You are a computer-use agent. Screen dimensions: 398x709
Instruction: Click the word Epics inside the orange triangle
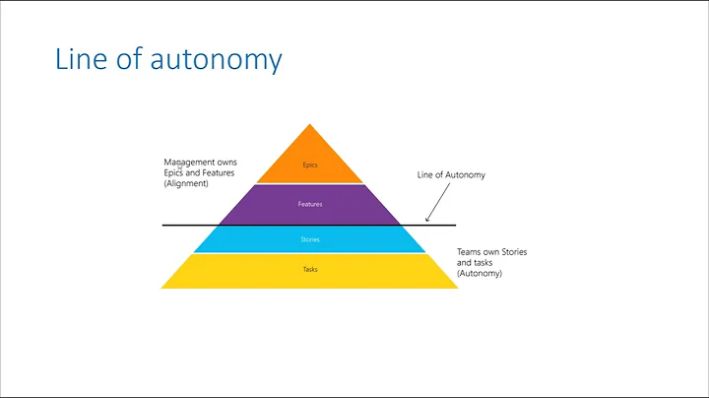tap(310, 165)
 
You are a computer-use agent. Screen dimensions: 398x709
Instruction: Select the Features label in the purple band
tap(310, 204)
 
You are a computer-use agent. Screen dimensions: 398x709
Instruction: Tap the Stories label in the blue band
tap(310, 239)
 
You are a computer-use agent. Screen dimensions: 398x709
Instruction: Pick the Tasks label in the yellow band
tap(310, 269)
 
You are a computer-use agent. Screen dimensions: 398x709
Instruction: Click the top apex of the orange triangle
tap(310, 125)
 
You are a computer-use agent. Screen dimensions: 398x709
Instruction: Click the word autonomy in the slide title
tap(217, 59)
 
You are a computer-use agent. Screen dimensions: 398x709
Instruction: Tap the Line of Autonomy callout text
tap(451, 174)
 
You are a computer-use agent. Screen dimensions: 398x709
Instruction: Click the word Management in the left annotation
tap(191, 162)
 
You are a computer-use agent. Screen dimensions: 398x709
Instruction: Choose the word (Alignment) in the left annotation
tap(186, 183)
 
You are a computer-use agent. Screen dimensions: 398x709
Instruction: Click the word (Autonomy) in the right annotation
tap(480, 273)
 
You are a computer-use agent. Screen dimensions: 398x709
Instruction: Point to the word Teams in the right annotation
tap(469, 252)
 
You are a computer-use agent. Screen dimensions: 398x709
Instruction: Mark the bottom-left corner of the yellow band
tap(161, 288)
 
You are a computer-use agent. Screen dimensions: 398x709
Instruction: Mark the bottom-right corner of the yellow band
tap(459, 288)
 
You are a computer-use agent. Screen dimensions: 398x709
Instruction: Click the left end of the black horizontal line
tap(163, 226)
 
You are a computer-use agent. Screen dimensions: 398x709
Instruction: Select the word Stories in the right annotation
tap(515, 252)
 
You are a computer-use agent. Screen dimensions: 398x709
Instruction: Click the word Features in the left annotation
tap(216, 172)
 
